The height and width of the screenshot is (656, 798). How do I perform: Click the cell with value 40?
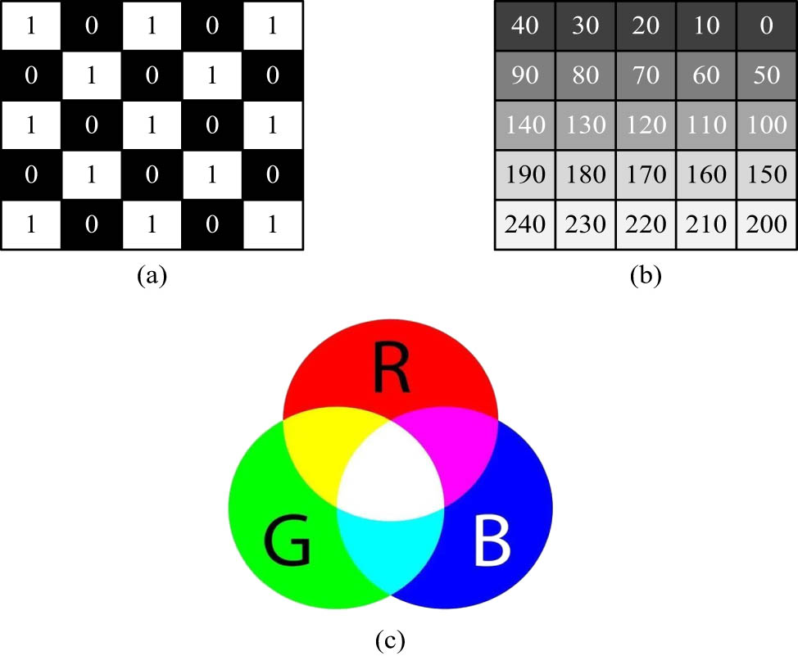(x=524, y=27)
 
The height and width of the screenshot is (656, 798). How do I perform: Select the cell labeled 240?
(x=524, y=224)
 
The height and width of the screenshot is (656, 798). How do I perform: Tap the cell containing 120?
(x=646, y=125)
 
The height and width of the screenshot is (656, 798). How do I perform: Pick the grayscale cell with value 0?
(x=767, y=27)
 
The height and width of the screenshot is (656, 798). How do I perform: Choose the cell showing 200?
(x=767, y=224)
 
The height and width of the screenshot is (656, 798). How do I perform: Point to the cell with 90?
(x=524, y=76)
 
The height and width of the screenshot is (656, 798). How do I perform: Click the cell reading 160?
(x=706, y=174)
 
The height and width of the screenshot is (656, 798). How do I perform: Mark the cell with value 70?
(x=646, y=76)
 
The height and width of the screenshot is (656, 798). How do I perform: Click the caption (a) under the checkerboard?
(x=152, y=276)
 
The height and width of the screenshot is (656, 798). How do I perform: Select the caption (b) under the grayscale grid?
(x=646, y=276)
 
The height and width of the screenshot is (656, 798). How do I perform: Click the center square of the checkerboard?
(x=152, y=125)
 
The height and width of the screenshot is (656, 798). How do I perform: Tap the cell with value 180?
(x=585, y=174)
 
